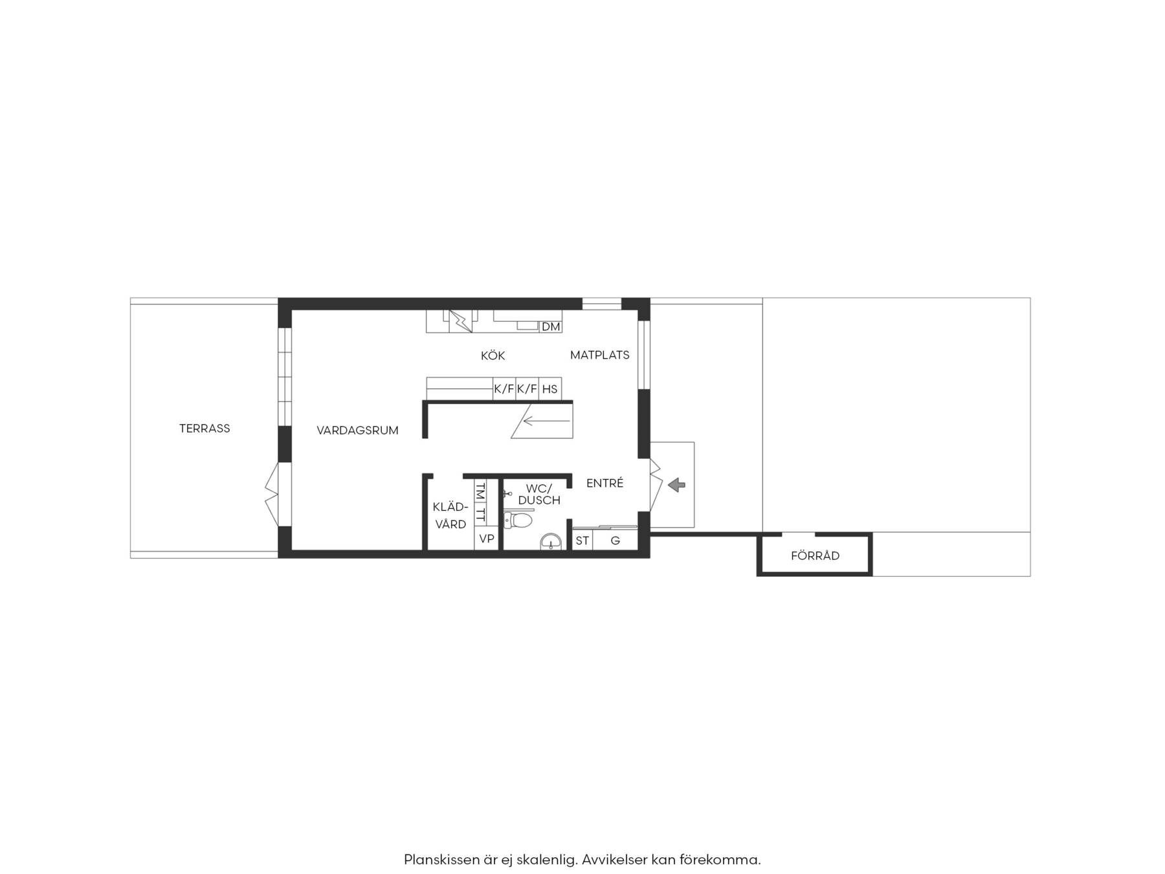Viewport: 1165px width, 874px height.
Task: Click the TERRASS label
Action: (205, 428)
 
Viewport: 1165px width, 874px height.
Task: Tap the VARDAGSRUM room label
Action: (357, 431)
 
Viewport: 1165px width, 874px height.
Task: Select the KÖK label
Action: (493, 355)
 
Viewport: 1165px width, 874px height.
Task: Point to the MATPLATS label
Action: (600, 355)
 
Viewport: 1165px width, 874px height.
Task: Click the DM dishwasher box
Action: (551, 327)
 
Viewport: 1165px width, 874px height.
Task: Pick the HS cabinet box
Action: (550, 389)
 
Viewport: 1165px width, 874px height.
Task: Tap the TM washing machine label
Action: (480, 491)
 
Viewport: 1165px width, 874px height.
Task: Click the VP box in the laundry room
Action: (486, 539)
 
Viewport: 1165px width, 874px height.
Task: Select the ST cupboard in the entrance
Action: (582, 541)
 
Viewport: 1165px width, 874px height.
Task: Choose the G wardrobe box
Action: (616, 541)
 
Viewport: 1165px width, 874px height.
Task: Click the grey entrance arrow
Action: (677, 484)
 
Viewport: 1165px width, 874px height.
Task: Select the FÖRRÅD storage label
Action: (815, 555)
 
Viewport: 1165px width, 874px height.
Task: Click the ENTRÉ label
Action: (605, 483)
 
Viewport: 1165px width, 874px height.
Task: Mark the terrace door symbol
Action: (272, 494)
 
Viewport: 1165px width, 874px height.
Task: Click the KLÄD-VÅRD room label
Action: (450, 516)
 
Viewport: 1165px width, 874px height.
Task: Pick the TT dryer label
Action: (480, 515)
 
